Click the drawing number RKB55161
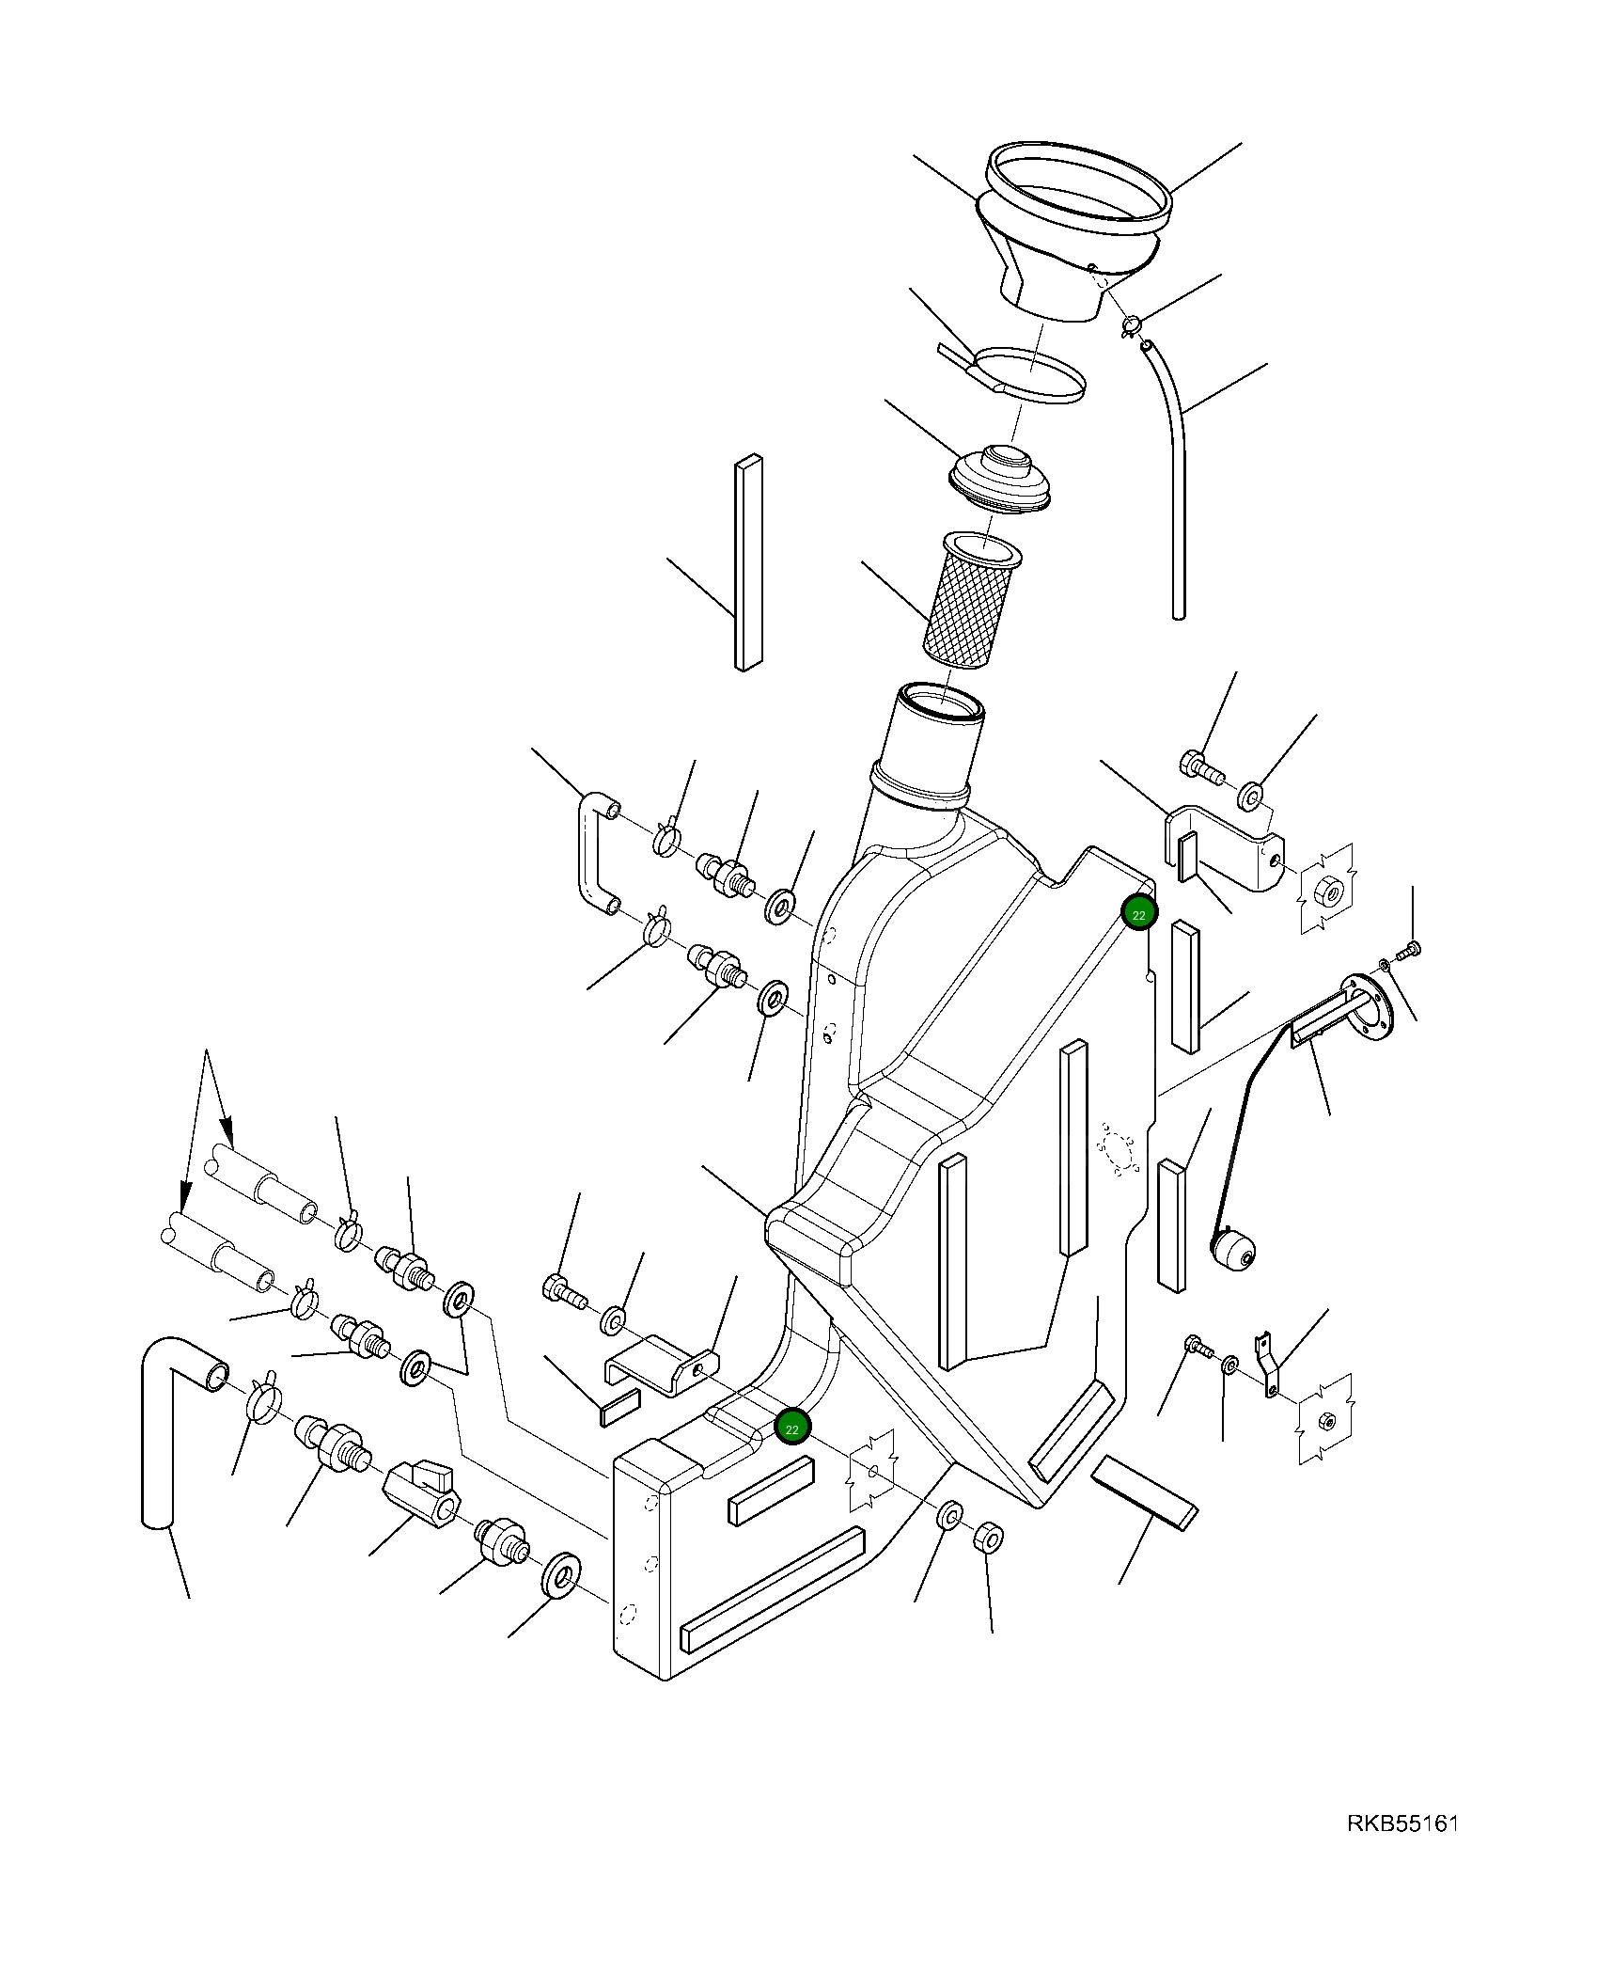(1401, 1850)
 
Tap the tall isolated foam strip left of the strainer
(747, 562)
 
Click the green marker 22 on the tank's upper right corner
(1138, 913)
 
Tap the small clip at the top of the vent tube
(1131, 326)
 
